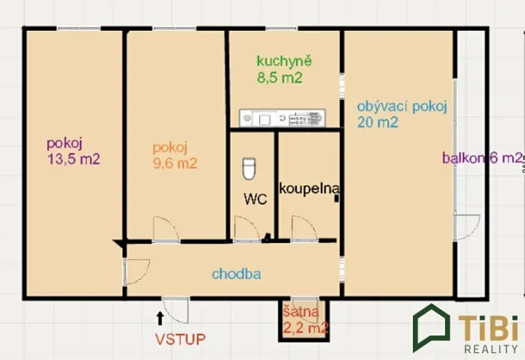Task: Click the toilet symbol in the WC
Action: click(248, 168)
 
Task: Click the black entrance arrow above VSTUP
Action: click(159, 315)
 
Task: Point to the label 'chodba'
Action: click(237, 273)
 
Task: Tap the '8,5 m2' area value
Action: click(279, 77)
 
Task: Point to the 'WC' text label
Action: click(254, 198)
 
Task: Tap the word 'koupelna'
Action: click(309, 188)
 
